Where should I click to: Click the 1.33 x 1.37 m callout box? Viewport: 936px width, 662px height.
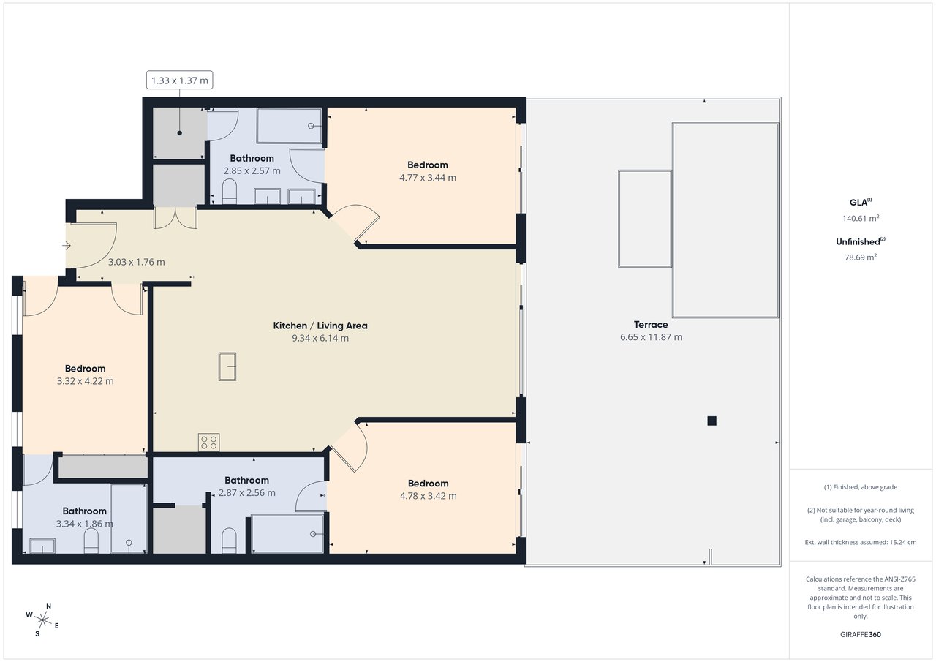179,80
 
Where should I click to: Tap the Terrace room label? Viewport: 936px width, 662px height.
651,325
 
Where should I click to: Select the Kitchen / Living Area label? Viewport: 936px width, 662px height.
320,326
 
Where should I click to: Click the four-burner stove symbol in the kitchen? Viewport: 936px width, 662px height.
209,442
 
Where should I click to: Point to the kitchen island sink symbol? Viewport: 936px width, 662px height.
227,366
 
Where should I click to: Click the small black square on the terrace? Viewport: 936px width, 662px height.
712,421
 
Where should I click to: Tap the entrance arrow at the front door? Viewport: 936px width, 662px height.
67,245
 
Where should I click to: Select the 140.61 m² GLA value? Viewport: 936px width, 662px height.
861,218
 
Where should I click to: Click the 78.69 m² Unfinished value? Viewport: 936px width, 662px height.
861,257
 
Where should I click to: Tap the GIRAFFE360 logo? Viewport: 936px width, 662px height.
861,634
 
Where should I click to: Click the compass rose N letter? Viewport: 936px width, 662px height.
48,606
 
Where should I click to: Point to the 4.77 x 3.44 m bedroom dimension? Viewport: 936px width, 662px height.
428,178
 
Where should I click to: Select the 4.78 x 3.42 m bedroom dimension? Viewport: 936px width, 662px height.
428,496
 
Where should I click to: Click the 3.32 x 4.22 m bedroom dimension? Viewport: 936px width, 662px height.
86,381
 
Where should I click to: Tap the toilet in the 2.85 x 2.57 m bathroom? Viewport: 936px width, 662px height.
230,192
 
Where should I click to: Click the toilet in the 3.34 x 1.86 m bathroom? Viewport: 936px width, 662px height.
91,541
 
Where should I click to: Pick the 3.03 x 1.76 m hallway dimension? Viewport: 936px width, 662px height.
136,262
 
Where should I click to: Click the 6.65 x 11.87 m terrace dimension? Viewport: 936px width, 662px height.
651,337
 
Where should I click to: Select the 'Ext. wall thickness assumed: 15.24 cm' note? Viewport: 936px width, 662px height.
861,543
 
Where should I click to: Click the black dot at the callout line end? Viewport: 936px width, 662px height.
180,133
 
